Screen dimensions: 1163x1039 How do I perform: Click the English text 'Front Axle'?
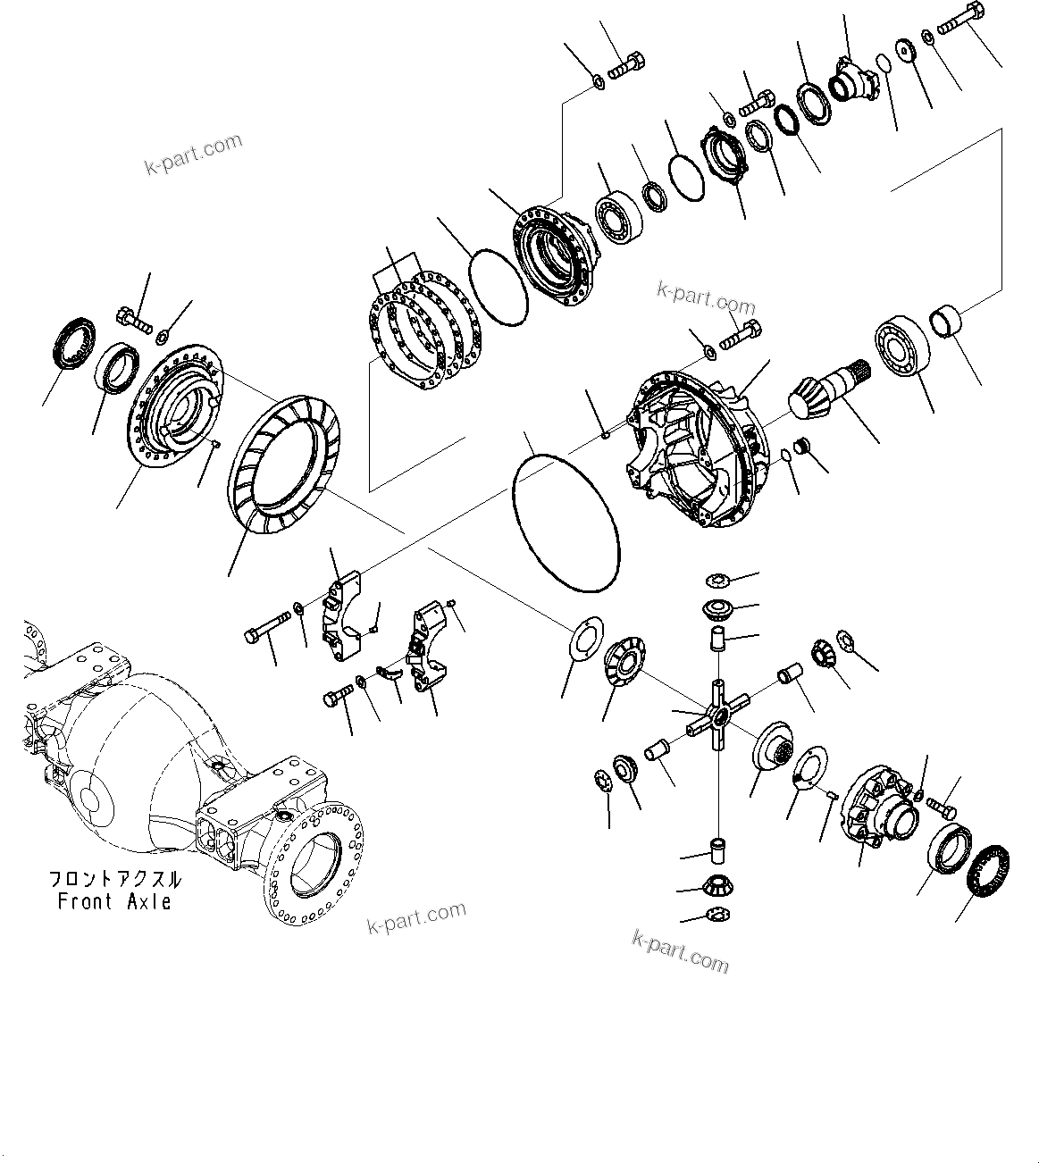coord(114,902)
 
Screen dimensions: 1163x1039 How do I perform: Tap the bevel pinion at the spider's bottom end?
coord(716,888)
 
